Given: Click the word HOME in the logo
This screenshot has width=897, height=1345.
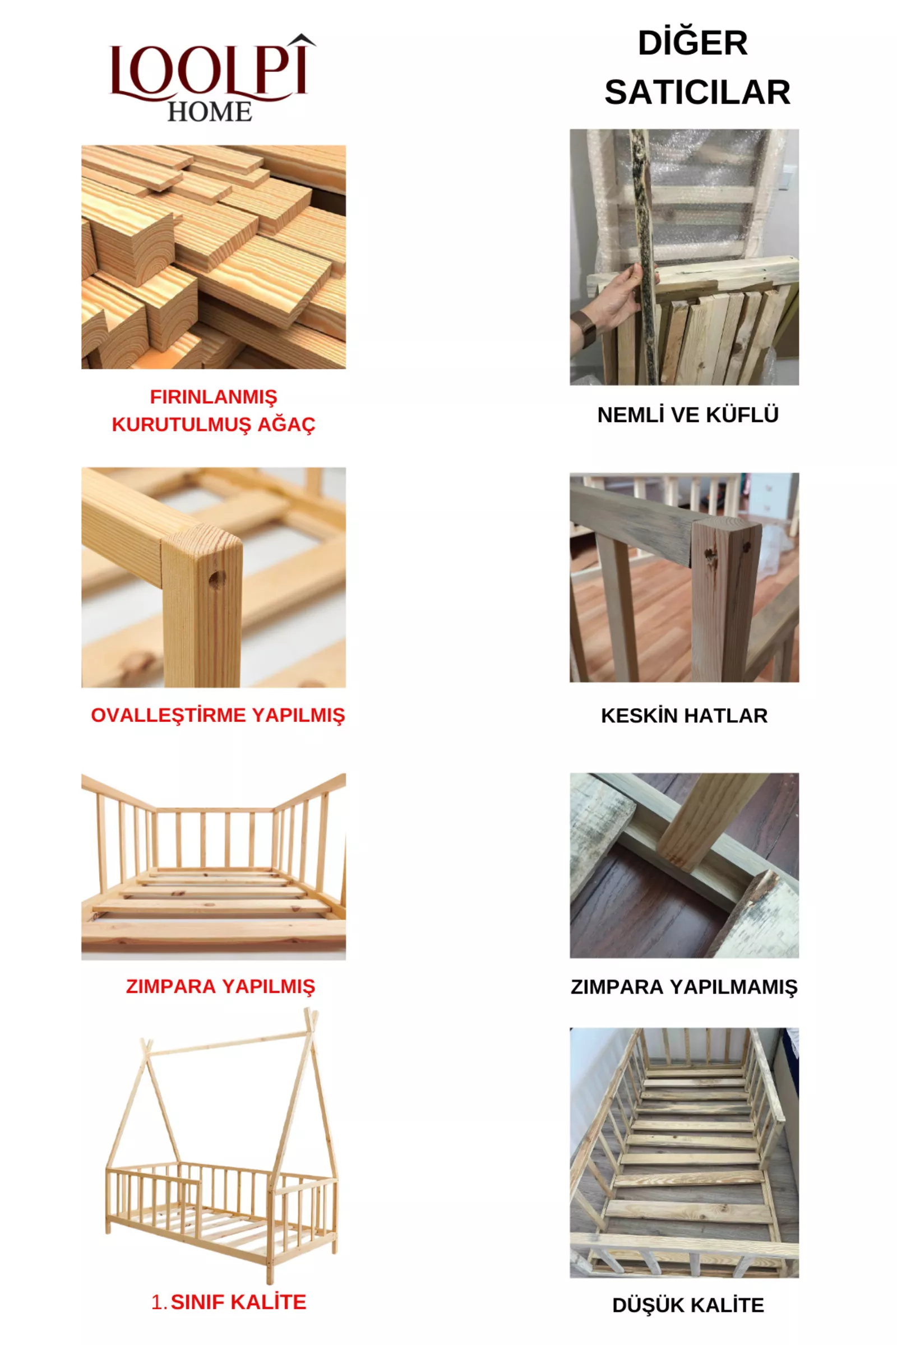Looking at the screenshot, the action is pos(209,112).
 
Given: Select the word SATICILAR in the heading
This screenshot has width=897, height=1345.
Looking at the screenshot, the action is pos(697,92).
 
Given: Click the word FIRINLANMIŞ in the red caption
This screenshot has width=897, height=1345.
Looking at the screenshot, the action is pos(214,397).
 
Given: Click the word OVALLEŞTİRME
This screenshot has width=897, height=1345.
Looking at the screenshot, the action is pos(168,716).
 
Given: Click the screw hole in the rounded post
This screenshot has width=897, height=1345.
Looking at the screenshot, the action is pos(216,579).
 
